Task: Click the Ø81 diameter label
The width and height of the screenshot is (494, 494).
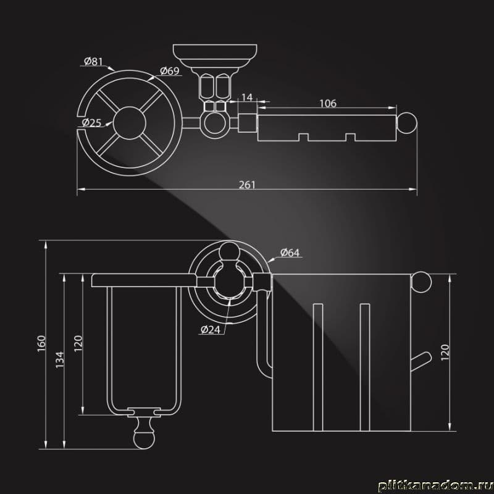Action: pyautogui.click(x=93, y=61)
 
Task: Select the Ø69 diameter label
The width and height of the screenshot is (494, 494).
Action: pyautogui.click(x=169, y=71)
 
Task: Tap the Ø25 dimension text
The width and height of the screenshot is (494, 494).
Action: pyautogui.click(x=91, y=122)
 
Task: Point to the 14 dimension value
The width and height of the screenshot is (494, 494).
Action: pyautogui.click(x=247, y=98)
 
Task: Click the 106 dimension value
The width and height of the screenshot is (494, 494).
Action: pyautogui.click(x=328, y=103)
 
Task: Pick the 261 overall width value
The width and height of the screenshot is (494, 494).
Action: pyautogui.click(x=247, y=185)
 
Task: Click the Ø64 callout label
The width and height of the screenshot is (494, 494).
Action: pyautogui.click(x=290, y=253)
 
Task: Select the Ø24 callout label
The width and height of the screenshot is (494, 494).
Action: pyautogui.click(x=211, y=330)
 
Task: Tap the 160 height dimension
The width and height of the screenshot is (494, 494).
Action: pyautogui.click(x=41, y=343)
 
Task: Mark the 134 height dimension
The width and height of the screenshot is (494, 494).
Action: pyautogui.click(x=60, y=360)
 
